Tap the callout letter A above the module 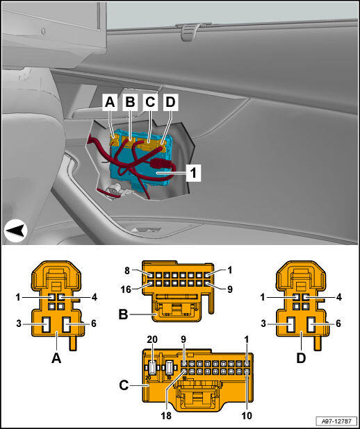tap(110, 102)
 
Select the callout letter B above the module tap(130, 102)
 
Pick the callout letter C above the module tap(150, 102)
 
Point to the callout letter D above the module tap(170, 102)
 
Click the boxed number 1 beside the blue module tap(193, 173)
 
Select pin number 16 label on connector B tap(126, 289)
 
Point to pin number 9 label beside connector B tap(230, 289)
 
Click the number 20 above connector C tap(152, 339)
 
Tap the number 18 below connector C tap(166, 416)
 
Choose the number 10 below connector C tap(247, 416)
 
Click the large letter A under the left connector tap(56, 358)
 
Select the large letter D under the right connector tap(301, 358)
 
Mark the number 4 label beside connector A tap(95, 297)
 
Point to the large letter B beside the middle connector tap(123, 314)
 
